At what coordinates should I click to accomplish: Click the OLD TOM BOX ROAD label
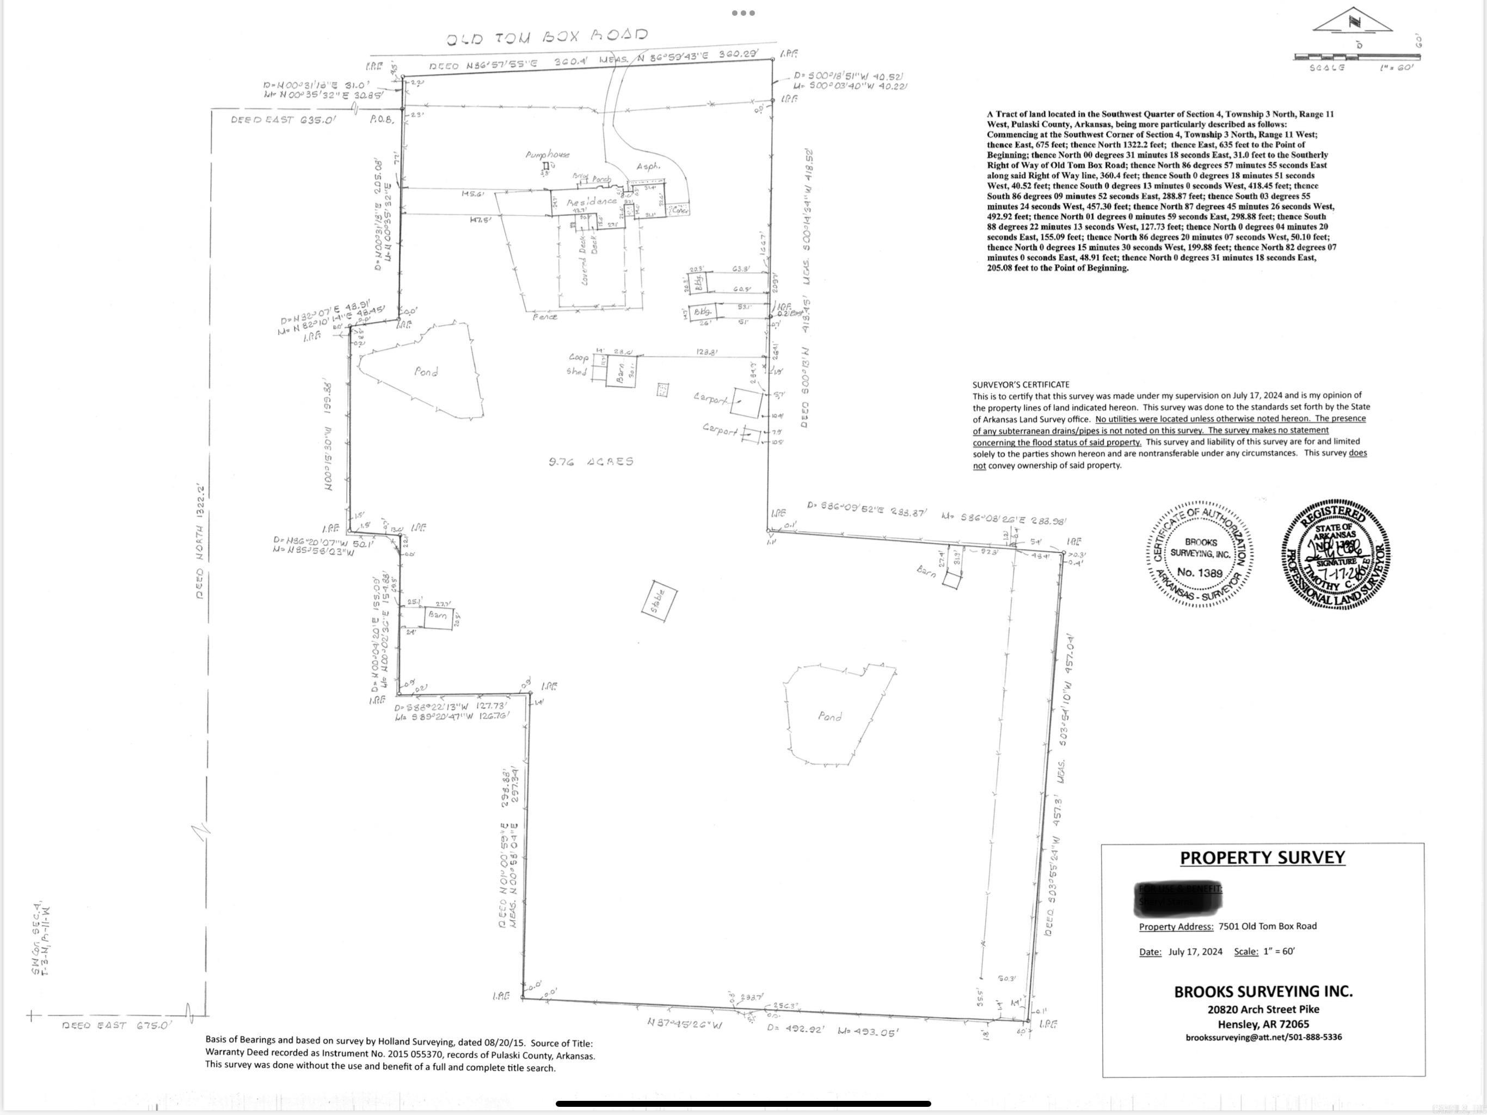(x=546, y=36)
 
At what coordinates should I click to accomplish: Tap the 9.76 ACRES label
(x=591, y=461)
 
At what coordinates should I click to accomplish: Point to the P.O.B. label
(x=381, y=119)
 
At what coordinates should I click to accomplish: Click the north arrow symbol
(x=1353, y=21)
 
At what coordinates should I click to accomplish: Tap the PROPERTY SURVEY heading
(x=1262, y=857)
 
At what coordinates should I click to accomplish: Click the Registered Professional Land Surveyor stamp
(x=1336, y=555)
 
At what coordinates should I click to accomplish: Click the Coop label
(x=578, y=357)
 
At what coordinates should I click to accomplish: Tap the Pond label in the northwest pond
(x=426, y=371)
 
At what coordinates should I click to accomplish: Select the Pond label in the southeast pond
(x=829, y=717)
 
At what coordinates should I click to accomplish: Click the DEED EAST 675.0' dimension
(x=117, y=1026)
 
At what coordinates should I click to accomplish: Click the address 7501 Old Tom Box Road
(x=1267, y=926)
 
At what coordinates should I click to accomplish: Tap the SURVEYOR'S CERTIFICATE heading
(x=1021, y=385)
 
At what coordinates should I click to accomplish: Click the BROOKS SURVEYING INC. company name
(x=1263, y=991)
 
